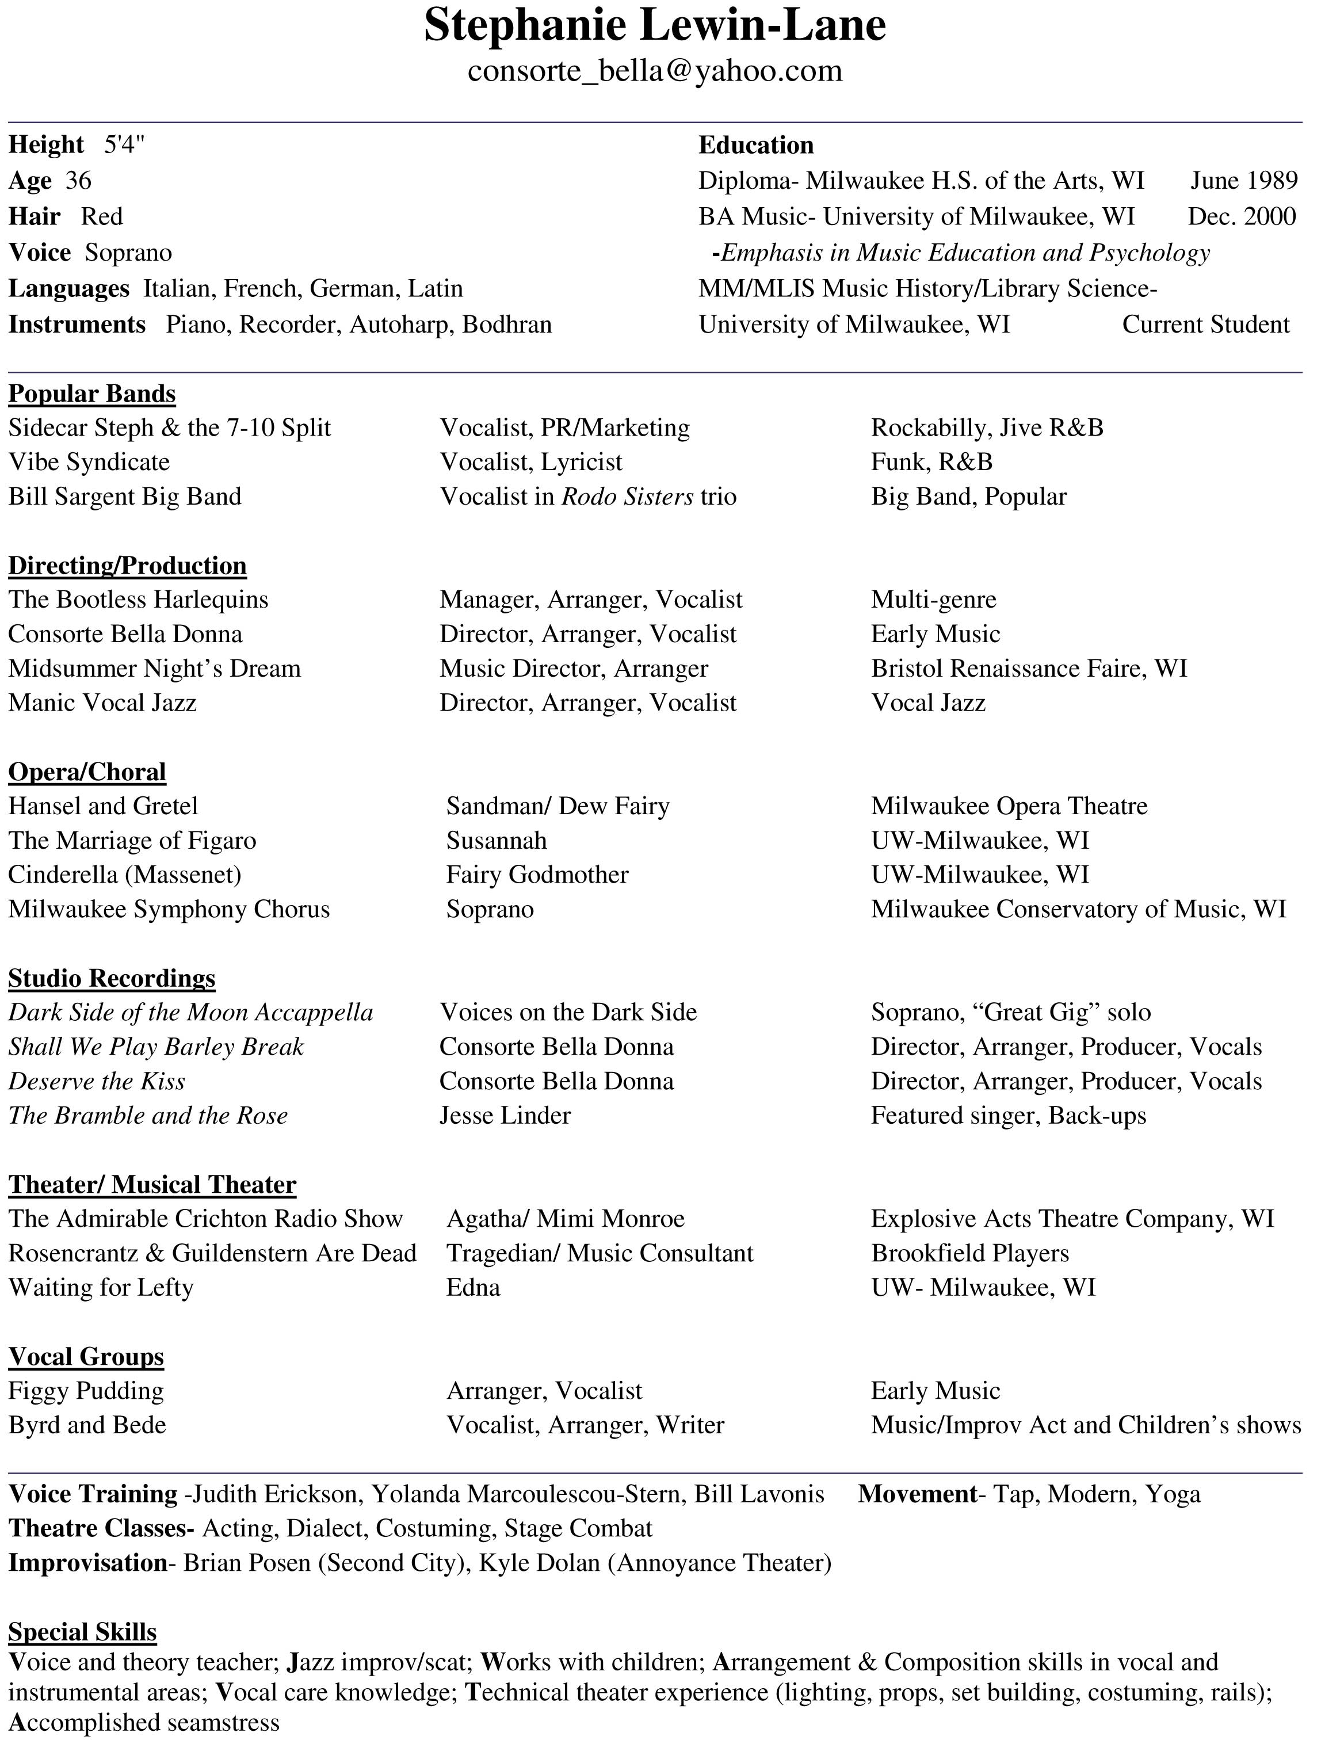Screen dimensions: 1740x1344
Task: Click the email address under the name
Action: (654, 71)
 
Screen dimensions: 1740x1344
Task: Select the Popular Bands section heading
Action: (91, 394)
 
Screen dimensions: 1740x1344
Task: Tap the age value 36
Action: (78, 181)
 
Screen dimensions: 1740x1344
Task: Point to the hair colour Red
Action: (102, 217)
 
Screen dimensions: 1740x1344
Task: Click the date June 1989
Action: (1244, 181)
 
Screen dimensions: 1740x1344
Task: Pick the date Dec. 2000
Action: (1241, 217)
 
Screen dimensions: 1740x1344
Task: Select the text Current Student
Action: (1205, 325)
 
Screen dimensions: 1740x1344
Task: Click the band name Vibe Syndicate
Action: (89, 462)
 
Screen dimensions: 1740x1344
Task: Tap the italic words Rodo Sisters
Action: (627, 497)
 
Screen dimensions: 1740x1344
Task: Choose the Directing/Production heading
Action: (128, 566)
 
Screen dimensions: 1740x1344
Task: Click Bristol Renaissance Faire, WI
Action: (1029, 669)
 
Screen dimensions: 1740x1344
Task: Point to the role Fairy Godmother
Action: (537, 875)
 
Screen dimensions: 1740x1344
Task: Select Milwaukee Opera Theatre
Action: (1009, 806)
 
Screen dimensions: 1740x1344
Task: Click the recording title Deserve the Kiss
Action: (97, 1081)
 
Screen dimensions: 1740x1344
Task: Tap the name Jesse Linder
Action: (505, 1115)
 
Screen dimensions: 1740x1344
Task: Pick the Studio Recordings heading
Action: (112, 978)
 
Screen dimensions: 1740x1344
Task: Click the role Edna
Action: (474, 1288)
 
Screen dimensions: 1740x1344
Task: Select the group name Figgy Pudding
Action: (86, 1391)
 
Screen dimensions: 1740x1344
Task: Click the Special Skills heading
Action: (82, 1632)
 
